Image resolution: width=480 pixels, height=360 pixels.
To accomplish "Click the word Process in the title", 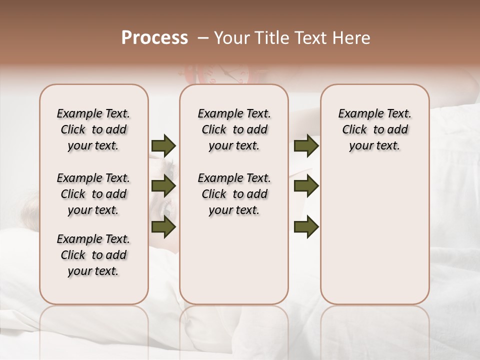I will pos(154,38).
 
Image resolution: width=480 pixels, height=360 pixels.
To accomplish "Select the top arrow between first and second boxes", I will pos(163,146).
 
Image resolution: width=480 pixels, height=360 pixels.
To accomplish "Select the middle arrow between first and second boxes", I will pos(163,186).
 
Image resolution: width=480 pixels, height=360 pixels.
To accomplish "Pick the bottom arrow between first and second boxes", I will pos(163,227).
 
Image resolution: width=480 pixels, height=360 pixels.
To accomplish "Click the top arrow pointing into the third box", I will pos(306,146).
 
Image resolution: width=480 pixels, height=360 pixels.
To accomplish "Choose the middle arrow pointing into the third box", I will pos(306,186).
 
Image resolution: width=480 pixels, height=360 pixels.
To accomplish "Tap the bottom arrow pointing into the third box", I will pos(306,227).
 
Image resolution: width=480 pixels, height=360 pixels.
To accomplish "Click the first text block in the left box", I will pos(93,129).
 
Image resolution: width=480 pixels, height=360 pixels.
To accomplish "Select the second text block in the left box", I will pos(93,194).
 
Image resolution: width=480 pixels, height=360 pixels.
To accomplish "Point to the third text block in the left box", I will pos(93,255).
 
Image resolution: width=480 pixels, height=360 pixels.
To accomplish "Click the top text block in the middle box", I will pos(234,129).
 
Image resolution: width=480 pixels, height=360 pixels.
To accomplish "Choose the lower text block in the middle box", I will pos(234,194).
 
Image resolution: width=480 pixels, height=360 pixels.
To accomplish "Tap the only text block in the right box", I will pos(374,129).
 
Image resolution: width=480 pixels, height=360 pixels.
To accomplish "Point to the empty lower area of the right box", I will pos(374,235).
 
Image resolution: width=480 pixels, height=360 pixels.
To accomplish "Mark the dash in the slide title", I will pos(203,38).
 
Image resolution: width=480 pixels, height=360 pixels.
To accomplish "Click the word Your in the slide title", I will pos(230,38).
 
